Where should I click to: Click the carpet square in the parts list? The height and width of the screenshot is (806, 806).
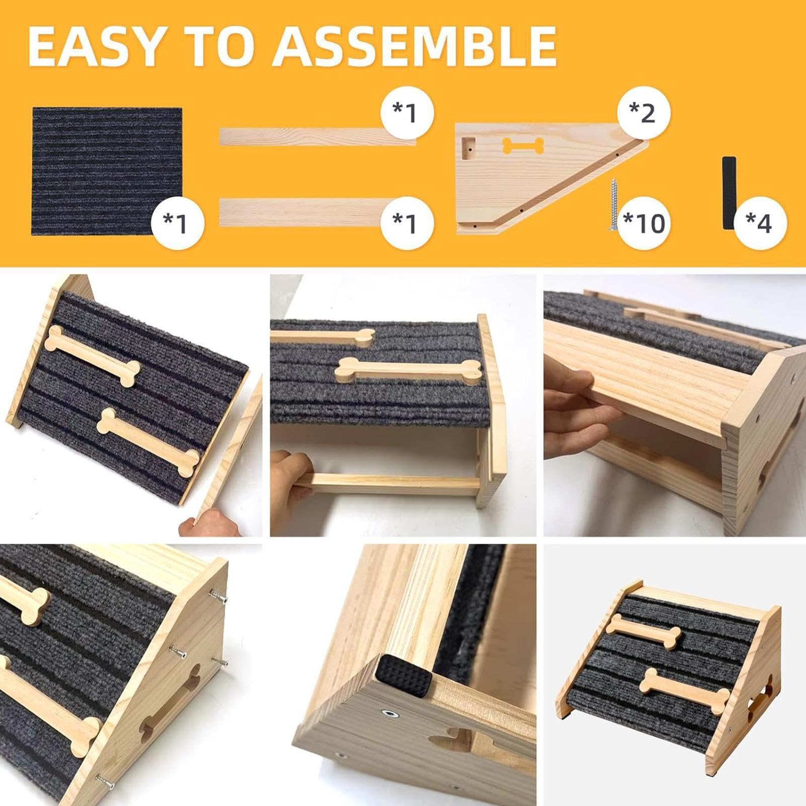pyautogui.click(x=107, y=171)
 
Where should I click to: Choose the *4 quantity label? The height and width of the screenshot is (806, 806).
pyautogui.click(x=759, y=223)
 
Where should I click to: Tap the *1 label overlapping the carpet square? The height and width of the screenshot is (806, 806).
pyautogui.click(x=176, y=223)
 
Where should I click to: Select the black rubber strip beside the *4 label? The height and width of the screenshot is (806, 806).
pyautogui.click(x=728, y=193)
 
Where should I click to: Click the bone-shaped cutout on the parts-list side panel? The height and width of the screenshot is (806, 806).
pyautogui.click(x=524, y=146)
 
